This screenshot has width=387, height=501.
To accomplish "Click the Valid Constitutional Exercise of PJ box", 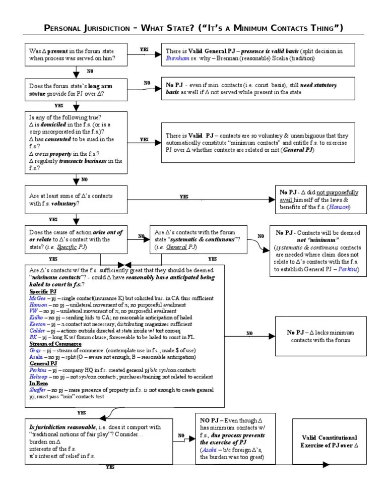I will tap(329, 442).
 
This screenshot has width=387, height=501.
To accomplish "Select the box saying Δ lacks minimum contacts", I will tap(329, 336).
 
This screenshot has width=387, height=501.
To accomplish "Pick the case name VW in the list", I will tap(34, 311).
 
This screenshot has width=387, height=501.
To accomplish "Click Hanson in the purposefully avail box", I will tap(340, 207).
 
